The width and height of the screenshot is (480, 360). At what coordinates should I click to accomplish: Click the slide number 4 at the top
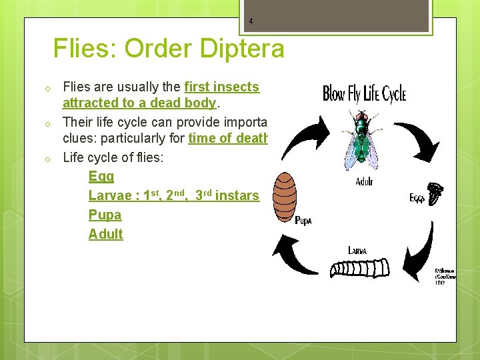tap(251, 21)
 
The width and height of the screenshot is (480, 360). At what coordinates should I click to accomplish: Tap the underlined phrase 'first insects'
tap(221, 87)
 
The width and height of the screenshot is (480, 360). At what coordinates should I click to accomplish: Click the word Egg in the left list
tap(101, 177)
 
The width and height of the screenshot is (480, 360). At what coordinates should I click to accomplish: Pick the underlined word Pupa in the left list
tap(105, 215)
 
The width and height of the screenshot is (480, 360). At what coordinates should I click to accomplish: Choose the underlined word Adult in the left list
tap(106, 234)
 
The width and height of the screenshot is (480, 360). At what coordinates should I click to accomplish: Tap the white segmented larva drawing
tap(361, 269)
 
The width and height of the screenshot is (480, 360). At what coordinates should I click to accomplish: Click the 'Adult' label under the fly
tap(364, 181)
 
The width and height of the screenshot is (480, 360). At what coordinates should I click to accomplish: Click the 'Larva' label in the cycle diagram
tap(357, 250)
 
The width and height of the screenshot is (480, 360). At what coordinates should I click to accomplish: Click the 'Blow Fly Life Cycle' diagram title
tap(364, 93)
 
